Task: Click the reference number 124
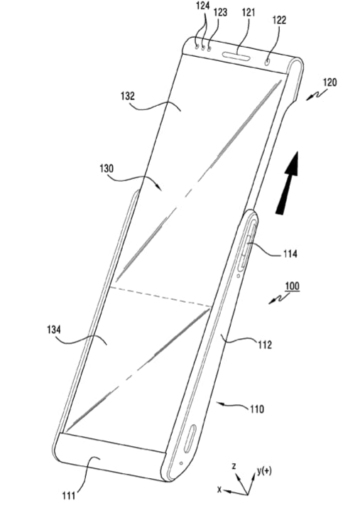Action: pyautogui.click(x=202, y=6)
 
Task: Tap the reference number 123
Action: pyautogui.click(x=220, y=13)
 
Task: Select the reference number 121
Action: pyautogui.click(x=249, y=13)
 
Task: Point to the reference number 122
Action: pyautogui.click(x=279, y=21)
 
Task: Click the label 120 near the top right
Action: pyautogui.click(x=329, y=82)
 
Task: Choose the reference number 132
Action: pyautogui.click(x=128, y=96)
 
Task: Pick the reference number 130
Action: pyautogui.click(x=107, y=168)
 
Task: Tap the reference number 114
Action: pyautogui.click(x=290, y=254)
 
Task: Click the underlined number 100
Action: pyautogui.click(x=292, y=286)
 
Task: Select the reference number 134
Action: pyautogui.click(x=54, y=329)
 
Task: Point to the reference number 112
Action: pyautogui.click(x=265, y=345)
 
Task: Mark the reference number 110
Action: pyautogui.click(x=257, y=409)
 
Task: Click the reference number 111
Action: pyautogui.click(x=69, y=495)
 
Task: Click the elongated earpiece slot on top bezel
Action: pyautogui.click(x=236, y=56)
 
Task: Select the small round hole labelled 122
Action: pyautogui.click(x=268, y=62)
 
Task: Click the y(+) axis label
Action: pyautogui.click(x=264, y=471)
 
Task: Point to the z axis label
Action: pyautogui.click(x=234, y=466)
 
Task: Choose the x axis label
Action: pyautogui.click(x=219, y=489)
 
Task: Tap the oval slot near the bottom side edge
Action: pyautogui.click(x=190, y=438)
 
